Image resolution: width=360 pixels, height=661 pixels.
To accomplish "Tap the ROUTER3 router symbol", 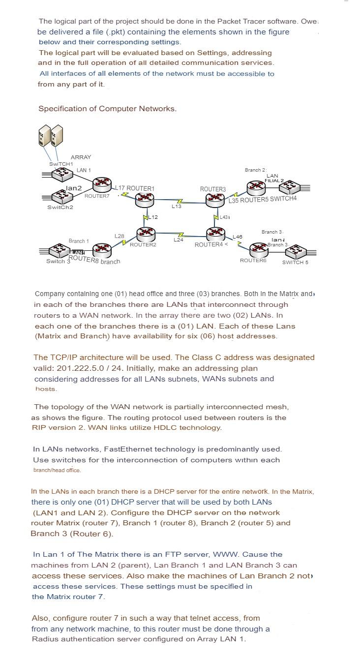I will (215, 199).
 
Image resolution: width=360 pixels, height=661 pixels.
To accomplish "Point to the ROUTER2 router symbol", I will (146, 234).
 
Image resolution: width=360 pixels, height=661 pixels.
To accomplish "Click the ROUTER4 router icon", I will (216, 234).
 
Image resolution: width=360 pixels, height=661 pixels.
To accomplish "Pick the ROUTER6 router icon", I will (258, 249).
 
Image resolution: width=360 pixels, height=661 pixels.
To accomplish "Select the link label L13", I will (176, 207).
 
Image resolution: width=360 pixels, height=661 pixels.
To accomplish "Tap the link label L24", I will (178, 240).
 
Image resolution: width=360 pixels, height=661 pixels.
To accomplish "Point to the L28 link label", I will (119, 237).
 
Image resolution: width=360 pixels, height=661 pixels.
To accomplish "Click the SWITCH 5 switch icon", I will (294, 251).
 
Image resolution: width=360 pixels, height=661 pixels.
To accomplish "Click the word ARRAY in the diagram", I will (81, 157).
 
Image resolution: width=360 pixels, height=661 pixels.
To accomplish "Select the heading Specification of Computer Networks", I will (107, 109).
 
